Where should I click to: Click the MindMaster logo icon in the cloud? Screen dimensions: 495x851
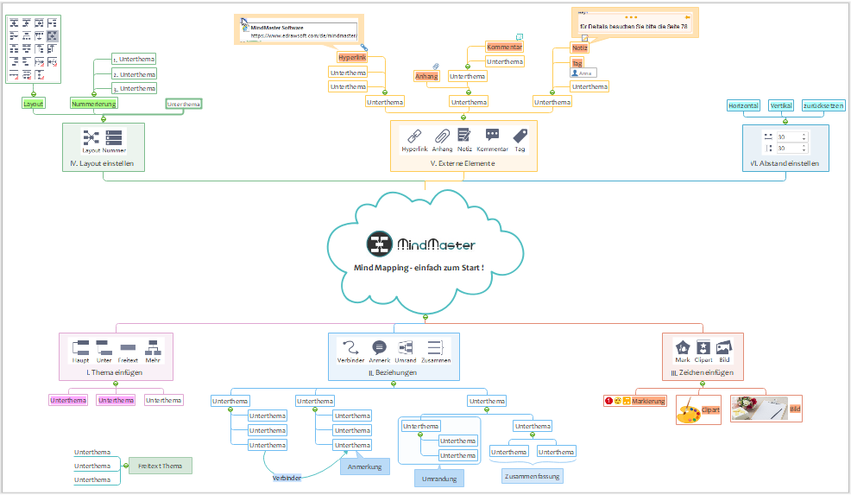click(379, 244)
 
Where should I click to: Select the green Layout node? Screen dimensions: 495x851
click(33, 104)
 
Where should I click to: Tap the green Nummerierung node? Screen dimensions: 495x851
click(94, 104)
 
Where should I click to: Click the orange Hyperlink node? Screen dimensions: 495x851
click(353, 57)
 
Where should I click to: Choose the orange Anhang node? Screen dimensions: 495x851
click(426, 76)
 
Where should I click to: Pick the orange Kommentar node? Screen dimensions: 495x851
click(504, 47)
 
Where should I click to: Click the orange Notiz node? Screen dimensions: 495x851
click(579, 48)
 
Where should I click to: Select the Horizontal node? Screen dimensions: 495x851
click(743, 105)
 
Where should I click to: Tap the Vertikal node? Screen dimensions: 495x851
click(781, 105)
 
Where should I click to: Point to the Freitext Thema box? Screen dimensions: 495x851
click(160, 466)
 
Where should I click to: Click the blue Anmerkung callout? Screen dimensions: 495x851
click(365, 466)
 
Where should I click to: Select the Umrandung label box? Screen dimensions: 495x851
click(438, 478)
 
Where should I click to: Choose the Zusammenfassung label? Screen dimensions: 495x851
click(533, 475)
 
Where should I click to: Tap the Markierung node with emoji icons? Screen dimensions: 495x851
click(635, 401)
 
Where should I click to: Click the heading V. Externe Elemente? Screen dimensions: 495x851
click(463, 162)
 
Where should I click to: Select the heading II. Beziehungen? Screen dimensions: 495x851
click(393, 372)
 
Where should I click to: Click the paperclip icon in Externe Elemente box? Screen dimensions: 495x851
click(442, 136)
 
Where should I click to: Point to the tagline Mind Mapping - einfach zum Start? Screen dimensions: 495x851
click(425, 268)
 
